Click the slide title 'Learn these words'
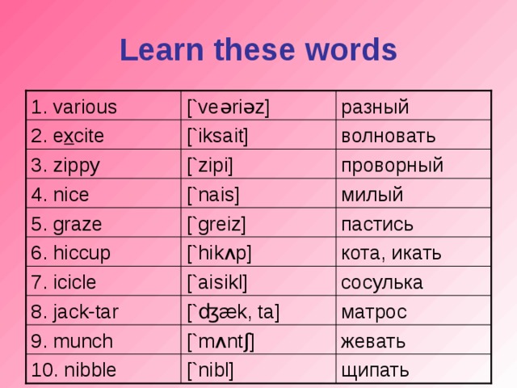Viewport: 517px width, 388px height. pos(258,50)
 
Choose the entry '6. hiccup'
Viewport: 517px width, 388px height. pos(70,251)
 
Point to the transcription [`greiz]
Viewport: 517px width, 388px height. pos(216,224)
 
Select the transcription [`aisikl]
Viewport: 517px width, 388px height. pos(216,282)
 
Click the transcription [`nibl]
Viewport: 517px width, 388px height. pos(212,369)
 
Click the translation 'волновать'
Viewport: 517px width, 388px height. pos(389,136)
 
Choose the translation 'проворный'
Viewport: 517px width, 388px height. pos(393,165)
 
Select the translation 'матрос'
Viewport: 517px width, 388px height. pos(374,311)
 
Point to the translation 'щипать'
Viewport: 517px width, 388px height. pos(375,369)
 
